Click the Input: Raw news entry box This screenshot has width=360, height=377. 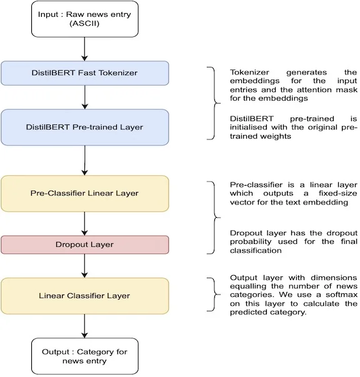click(x=85, y=19)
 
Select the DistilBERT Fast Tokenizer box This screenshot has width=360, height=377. click(x=85, y=73)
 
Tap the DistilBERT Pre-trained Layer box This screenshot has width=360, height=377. click(x=85, y=127)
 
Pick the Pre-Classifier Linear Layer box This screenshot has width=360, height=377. click(x=85, y=194)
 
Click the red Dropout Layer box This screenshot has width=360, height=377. click(x=85, y=244)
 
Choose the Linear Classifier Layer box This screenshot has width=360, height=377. click(x=85, y=296)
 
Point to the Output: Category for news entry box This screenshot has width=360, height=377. click(x=85, y=356)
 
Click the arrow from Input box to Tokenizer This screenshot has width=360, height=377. click(x=84, y=49)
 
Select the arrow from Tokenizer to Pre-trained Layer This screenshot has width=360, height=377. click(x=84, y=97)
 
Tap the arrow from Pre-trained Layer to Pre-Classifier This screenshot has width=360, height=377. click(x=84, y=161)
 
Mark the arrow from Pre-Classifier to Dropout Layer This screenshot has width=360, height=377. click(x=84, y=224)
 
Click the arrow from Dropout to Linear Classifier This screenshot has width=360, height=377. click(x=84, y=266)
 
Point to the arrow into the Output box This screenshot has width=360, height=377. click(x=84, y=326)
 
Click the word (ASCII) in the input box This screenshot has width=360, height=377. click(x=84, y=24)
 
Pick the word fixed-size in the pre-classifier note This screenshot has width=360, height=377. click(x=338, y=193)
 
